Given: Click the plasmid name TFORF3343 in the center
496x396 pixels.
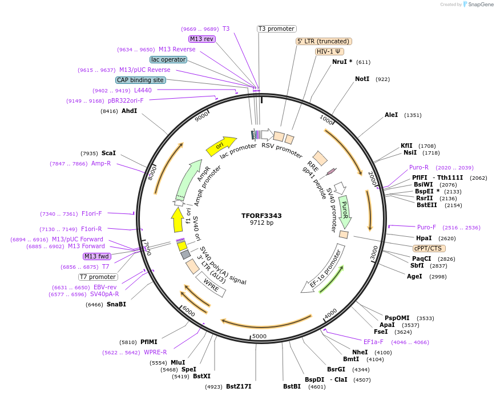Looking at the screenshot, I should point(261,216).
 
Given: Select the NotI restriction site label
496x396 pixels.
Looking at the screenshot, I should point(362,79).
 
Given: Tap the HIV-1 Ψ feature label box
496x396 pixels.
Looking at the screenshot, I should point(329,51).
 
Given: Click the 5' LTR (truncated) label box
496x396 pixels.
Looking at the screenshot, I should point(323,41).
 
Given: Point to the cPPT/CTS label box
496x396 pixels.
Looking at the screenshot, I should point(429,248).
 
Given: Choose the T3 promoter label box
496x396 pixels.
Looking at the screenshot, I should point(276,29).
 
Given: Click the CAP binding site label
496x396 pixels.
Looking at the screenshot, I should point(140,80).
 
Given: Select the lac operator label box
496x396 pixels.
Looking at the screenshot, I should point(168,59).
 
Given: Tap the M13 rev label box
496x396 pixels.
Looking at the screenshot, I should point(201,39).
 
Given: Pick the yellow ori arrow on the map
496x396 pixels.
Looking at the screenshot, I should point(221,146).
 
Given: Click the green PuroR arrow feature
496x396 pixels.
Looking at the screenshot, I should point(344,209).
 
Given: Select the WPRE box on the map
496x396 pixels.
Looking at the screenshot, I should point(211,284).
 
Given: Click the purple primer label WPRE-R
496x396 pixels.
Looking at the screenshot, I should point(155,352).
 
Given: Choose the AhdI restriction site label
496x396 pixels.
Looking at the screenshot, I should point(129,111).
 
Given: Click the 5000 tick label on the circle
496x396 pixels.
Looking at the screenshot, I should point(260,336).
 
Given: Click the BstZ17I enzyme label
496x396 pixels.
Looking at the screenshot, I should point(238,386).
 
